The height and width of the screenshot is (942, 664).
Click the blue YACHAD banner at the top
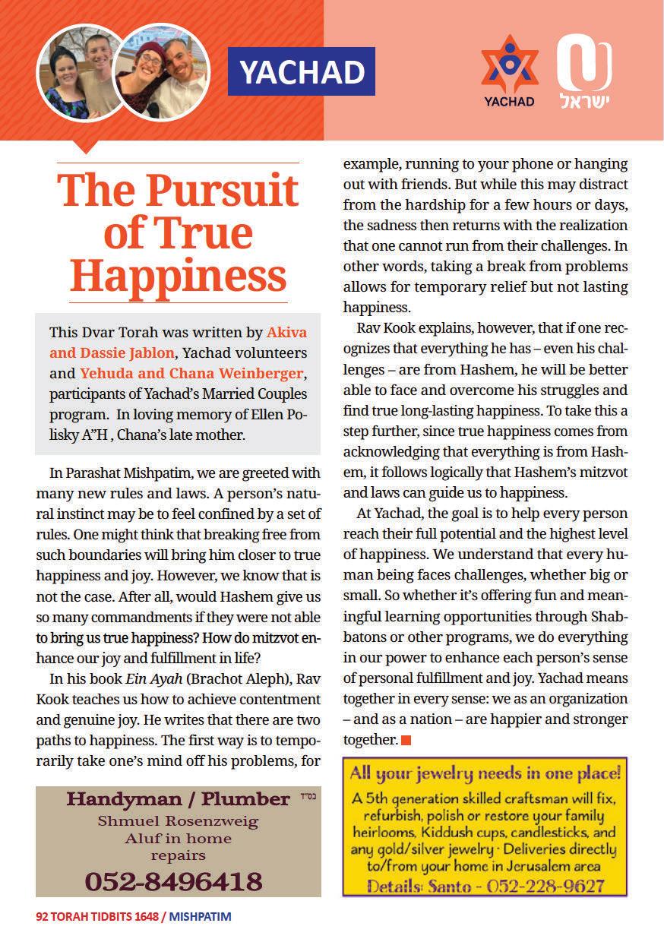[x=302, y=71]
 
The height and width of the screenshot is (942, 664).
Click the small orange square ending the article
[x=406, y=739]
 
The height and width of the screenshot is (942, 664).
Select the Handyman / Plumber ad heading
[x=178, y=799]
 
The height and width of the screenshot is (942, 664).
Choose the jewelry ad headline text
[x=485, y=775]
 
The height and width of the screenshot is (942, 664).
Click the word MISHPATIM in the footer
[x=201, y=917]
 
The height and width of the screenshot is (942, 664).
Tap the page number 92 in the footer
[x=42, y=917]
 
